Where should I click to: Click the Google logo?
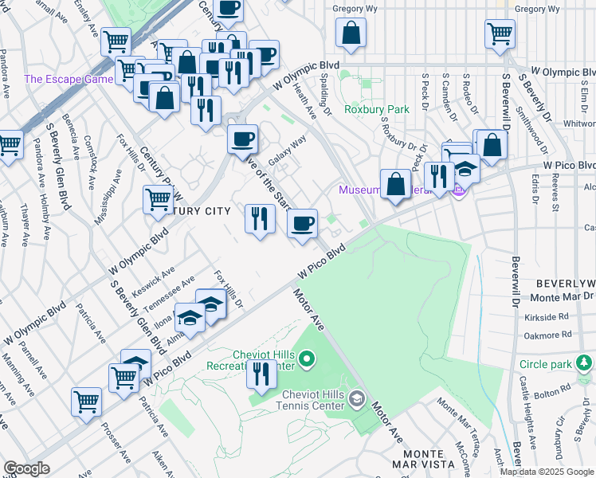coord(26,468)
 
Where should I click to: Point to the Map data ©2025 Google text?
coord(547,471)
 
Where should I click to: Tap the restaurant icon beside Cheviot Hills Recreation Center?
coord(261,374)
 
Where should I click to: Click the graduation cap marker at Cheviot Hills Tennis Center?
coord(358,398)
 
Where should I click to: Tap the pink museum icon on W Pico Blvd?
coord(458,190)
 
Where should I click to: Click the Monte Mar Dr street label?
coord(560,297)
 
